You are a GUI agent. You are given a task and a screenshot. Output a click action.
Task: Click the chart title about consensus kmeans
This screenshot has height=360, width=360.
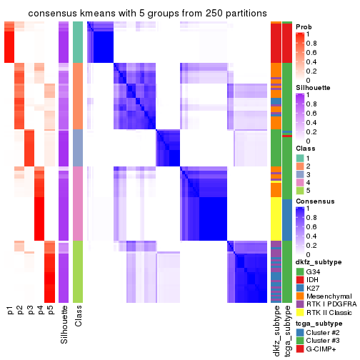point(137,14)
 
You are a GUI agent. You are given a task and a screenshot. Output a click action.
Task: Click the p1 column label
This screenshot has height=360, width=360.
point(10,311)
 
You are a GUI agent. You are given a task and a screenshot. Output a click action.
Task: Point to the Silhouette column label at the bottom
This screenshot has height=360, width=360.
point(64,321)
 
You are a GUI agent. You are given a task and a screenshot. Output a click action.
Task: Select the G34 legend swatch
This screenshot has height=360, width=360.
point(300,272)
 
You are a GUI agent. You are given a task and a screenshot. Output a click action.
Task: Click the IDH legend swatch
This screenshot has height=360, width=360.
point(300,281)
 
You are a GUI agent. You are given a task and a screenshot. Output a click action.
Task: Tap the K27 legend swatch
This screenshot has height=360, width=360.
point(300,291)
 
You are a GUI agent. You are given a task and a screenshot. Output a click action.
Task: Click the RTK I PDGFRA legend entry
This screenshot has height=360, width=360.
point(325,309)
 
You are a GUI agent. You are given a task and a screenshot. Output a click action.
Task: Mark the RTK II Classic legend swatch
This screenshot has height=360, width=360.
point(300,319)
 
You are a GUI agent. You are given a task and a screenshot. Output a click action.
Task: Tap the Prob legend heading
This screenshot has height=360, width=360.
point(303,26)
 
